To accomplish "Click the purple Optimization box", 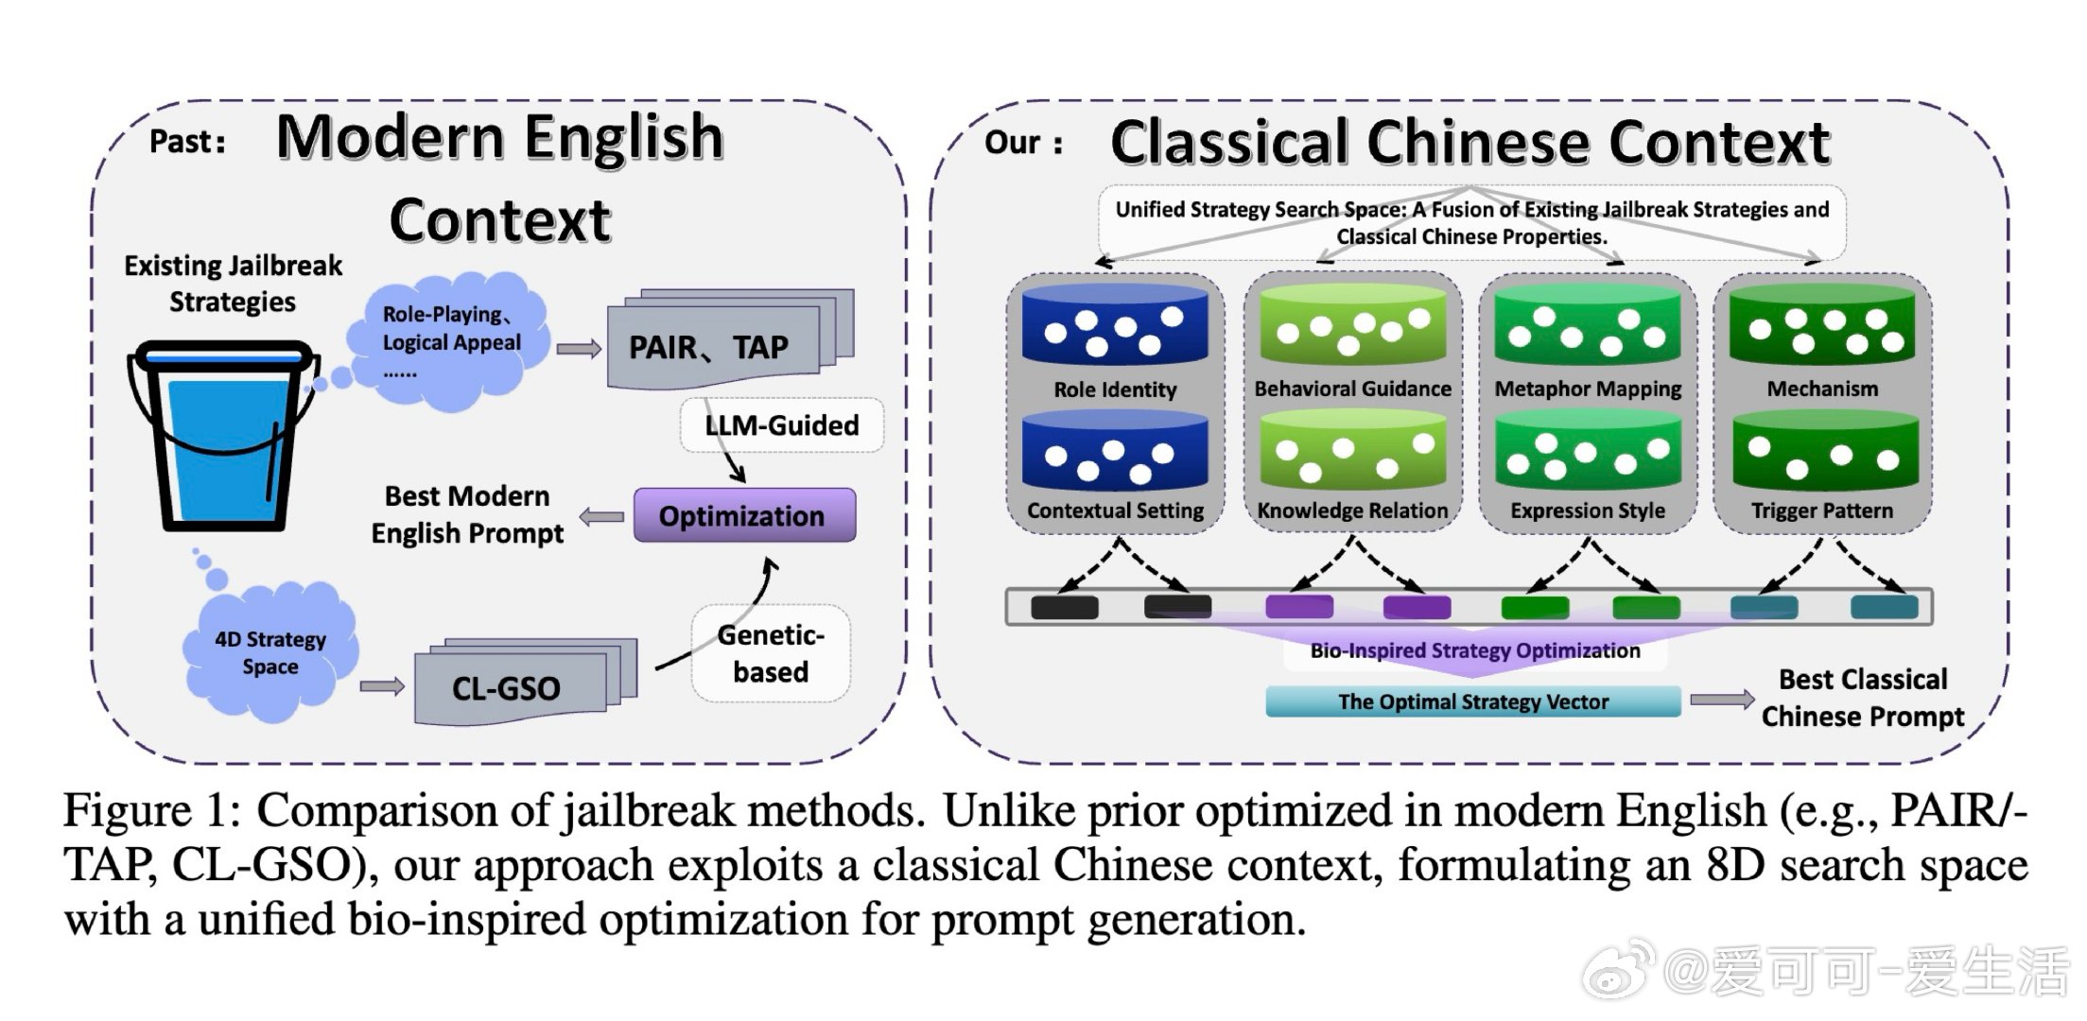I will pyautogui.click(x=743, y=515).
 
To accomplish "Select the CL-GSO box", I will pyautogui.click(x=509, y=687).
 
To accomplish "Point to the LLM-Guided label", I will pyautogui.click(x=781, y=425).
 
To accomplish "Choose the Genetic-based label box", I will pyautogui.click(x=771, y=653).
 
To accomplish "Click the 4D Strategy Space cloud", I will pyautogui.click(x=270, y=652).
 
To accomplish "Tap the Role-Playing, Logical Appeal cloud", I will pyautogui.click(x=450, y=340).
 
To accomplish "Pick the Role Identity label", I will pyautogui.click(x=1115, y=389).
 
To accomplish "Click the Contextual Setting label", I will pyautogui.click(x=1115, y=510).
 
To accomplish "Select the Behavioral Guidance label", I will pyautogui.click(x=1352, y=389).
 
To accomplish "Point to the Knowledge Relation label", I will pyautogui.click(x=1352, y=510).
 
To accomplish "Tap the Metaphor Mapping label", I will pyautogui.click(x=1588, y=389).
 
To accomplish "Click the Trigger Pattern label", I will pyautogui.click(x=1821, y=510).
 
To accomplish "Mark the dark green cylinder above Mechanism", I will pyautogui.click(x=1822, y=326).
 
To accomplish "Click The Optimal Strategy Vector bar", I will pyautogui.click(x=1472, y=701).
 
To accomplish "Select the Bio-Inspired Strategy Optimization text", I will pyautogui.click(x=1474, y=650).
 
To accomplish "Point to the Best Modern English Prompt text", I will pyautogui.click(x=467, y=515).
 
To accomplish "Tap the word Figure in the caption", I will pyautogui.click(x=127, y=811).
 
